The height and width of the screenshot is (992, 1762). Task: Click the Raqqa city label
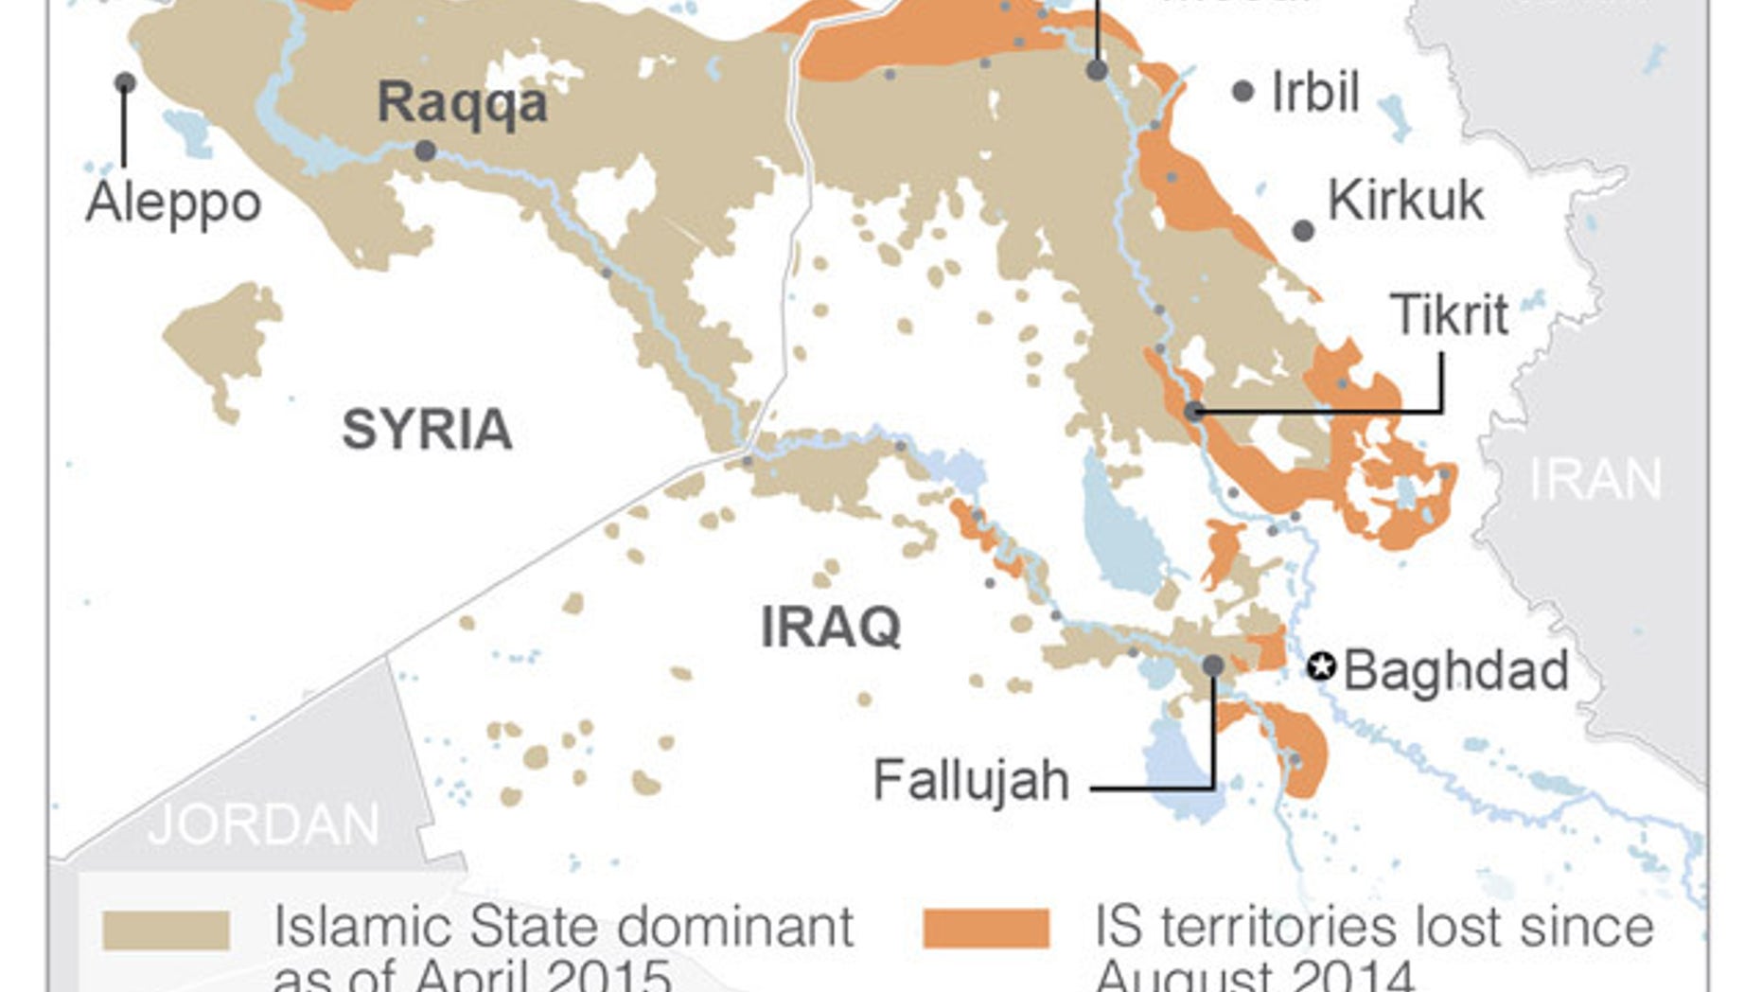click(x=462, y=102)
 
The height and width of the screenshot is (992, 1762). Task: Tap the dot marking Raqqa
click(x=426, y=151)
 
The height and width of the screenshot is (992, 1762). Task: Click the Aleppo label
click(x=173, y=203)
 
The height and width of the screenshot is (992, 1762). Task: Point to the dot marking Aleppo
click(x=125, y=83)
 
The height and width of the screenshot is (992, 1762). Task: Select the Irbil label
click(x=1314, y=92)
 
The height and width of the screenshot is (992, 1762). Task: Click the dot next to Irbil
click(x=1243, y=92)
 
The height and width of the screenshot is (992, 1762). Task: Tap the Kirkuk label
click(x=1405, y=201)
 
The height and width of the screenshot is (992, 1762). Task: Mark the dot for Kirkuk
click(x=1303, y=230)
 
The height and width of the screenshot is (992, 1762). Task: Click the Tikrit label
click(x=1449, y=314)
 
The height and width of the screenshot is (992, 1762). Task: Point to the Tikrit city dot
click(x=1194, y=411)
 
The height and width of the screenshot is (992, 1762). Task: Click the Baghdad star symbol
click(x=1321, y=667)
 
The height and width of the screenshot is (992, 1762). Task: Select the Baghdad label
click(x=1455, y=670)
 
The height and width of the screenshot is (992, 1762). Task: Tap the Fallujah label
click(x=971, y=781)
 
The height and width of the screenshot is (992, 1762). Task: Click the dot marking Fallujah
click(x=1213, y=665)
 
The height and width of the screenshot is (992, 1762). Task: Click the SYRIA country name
click(x=427, y=430)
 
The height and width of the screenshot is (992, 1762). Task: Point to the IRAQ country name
click(x=831, y=627)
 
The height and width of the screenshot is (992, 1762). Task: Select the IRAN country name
click(x=1595, y=479)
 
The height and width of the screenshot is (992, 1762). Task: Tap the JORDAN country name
click(x=264, y=824)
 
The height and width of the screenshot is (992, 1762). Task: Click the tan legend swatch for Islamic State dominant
click(x=167, y=930)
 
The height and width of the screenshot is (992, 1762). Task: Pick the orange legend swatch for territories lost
click(x=986, y=928)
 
